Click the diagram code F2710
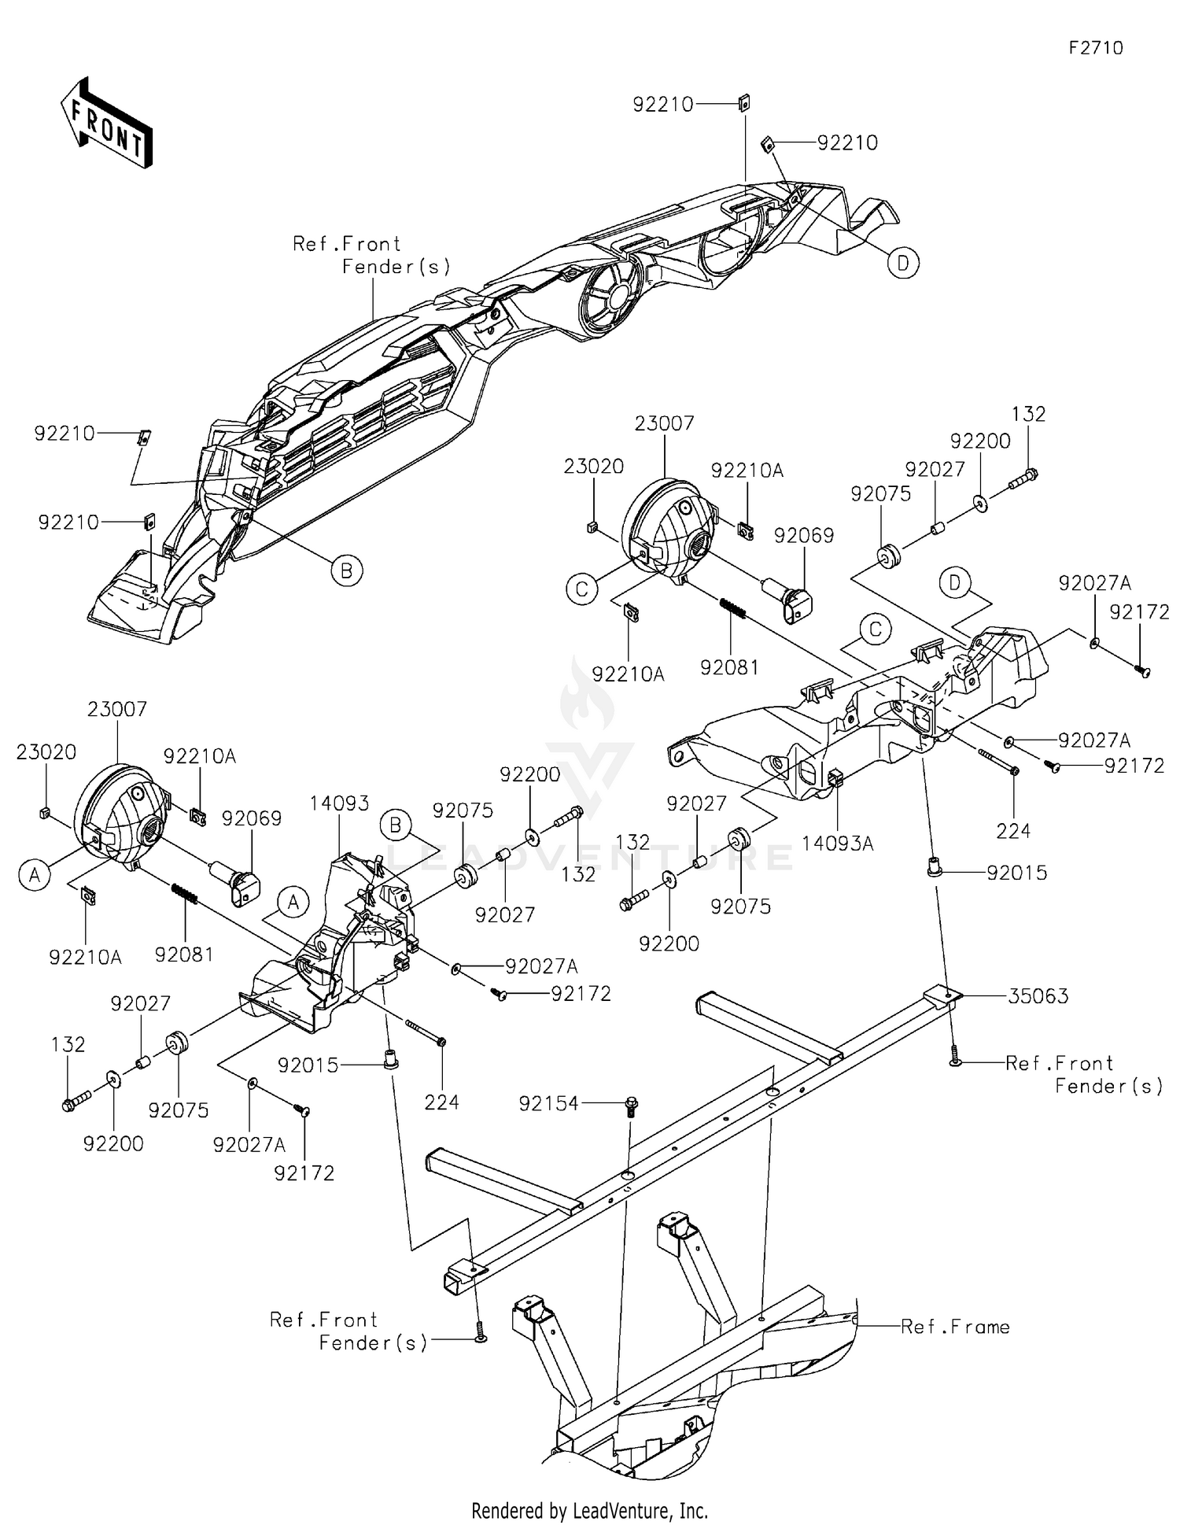click(x=1096, y=48)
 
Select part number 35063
click(x=1038, y=996)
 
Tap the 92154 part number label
click(x=548, y=1104)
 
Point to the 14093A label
click(x=838, y=844)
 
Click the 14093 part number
click(x=339, y=803)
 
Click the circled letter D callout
click(x=903, y=263)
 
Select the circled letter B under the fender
click(x=347, y=570)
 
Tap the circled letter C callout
click(x=582, y=589)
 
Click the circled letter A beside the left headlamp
click(x=35, y=875)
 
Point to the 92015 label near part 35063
click(x=1017, y=873)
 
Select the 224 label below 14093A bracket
click(x=1013, y=831)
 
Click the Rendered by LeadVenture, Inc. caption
click(x=589, y=1511)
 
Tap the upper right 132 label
click(x=1028, y=414)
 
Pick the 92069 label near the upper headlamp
click(x=804, y=535)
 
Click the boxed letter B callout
click(x=396, y=825)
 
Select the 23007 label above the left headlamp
click(x=117, y=709)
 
